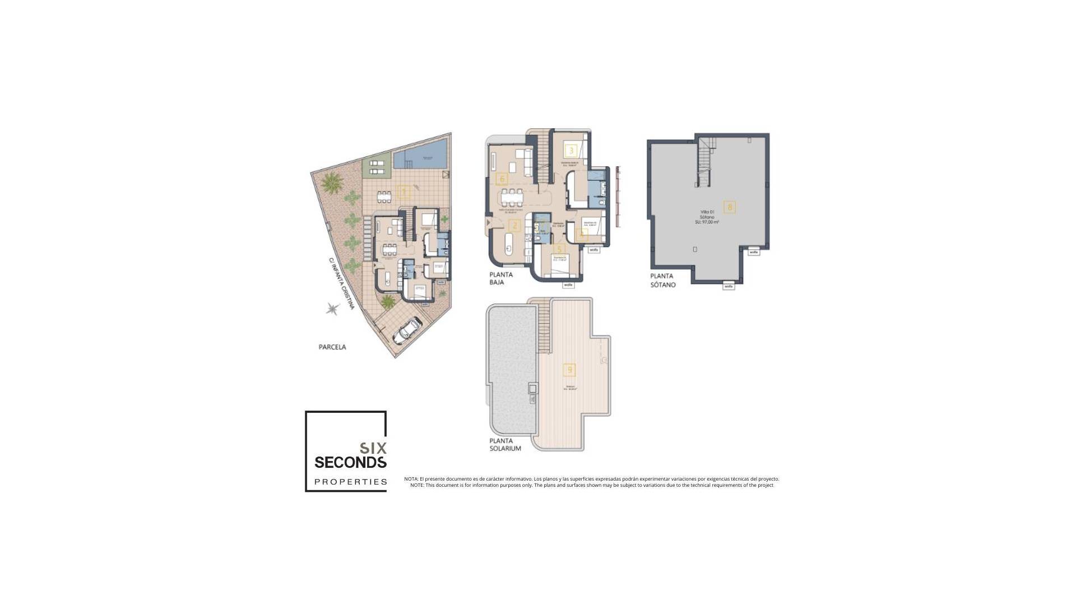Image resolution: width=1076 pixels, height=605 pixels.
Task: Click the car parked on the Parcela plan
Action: pos(407,331)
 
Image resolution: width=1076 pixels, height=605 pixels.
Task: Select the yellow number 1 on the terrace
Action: pos(403,193)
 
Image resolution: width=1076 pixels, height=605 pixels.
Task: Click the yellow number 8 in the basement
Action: pos(729,207)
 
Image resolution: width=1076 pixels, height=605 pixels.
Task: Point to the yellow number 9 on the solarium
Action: pos(569,370)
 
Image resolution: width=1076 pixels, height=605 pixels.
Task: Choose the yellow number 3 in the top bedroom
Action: pos(571,150)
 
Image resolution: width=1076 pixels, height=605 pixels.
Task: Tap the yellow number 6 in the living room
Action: pos(502,179)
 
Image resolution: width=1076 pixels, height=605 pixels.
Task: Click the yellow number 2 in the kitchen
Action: pos(514,226)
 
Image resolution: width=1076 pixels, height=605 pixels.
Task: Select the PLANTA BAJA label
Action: pos(501,278)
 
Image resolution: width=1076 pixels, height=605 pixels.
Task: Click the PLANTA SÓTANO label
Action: pos(662,280)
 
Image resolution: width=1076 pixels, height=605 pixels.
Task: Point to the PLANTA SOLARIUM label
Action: pos(505,445)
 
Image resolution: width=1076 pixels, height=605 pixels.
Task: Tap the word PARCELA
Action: pos(332,347)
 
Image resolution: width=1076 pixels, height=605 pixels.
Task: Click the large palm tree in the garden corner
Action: pos(333,182)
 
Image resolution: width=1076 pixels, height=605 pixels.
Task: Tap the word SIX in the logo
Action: pos(373,448)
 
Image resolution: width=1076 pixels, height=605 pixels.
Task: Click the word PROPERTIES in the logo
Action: pos(351,482)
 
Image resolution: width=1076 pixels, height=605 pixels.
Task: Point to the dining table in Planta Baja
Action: pos(512,197)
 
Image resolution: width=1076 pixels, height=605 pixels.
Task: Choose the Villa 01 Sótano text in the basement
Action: pos(707,216)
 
